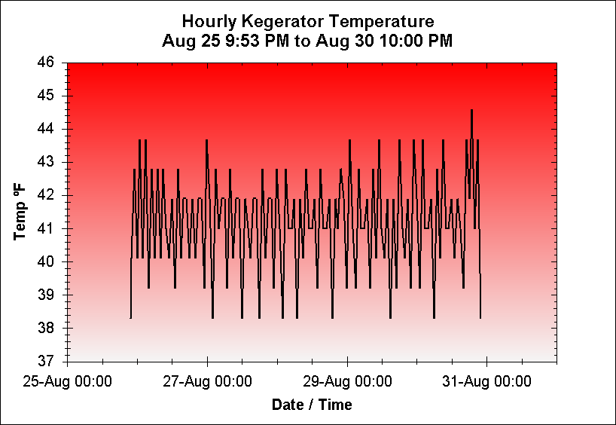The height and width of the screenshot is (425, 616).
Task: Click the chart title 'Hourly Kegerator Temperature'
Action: coord(308,20)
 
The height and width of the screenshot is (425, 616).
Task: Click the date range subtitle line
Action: coord(308,40)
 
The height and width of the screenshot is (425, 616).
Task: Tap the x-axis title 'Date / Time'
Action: coord(312,405)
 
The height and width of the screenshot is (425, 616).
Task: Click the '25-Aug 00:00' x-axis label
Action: coord(68,381)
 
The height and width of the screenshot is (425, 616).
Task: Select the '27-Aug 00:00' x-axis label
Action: coord(207,381)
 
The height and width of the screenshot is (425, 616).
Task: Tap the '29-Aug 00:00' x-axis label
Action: coord(347,381)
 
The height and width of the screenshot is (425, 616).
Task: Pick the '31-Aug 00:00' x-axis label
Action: coord(486,381)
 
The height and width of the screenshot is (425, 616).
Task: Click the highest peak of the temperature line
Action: coord(471,111)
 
